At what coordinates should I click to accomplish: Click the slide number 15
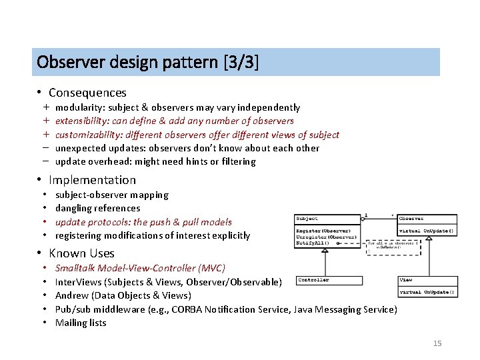(437, 343)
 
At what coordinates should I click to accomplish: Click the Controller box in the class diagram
(313, 280)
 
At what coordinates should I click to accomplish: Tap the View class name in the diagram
(405, 280)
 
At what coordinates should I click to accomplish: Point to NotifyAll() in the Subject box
(313, 244)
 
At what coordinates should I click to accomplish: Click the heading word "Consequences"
(87, 93)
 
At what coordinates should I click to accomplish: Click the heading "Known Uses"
(81, 253)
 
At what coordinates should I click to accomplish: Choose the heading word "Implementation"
(92, 180)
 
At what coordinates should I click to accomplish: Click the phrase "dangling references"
(97, 209)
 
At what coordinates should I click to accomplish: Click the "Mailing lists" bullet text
(81, 323)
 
